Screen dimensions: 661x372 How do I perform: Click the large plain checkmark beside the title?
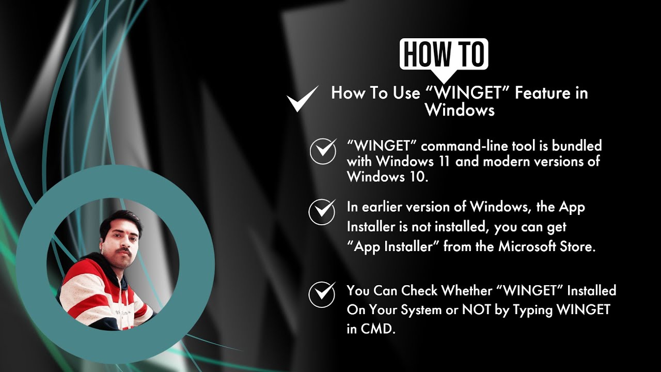(x=303, y=99)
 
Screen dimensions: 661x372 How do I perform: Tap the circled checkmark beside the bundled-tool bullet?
(x=323, y=151)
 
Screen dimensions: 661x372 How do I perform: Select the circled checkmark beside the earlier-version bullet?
(x=322, y=212)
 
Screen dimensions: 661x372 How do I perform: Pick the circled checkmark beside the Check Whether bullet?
(x=322, y=295)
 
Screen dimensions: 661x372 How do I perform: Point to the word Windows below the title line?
(x=460, y=110)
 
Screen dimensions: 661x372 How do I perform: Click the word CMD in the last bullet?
(x=376, y=329)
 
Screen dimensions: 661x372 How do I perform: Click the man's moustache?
(x=125, y=251)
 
